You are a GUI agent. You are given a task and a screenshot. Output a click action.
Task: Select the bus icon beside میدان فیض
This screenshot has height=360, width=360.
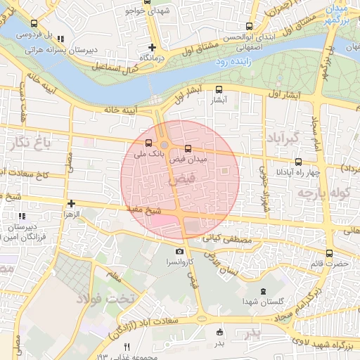coord(187,149)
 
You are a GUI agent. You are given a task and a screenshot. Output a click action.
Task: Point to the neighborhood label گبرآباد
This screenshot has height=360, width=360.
coord(284,136)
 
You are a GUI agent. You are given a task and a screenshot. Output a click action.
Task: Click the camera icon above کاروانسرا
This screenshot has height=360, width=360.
coord(179,251)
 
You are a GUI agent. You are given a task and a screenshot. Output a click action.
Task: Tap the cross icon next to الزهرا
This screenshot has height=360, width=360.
coord(70,203)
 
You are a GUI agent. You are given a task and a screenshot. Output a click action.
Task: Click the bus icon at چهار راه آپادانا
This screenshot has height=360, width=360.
coord(299,162)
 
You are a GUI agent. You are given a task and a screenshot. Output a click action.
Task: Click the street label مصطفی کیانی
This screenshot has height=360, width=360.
coord(226,240)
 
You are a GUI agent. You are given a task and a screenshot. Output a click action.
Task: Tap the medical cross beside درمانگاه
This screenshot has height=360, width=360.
coord(152,47)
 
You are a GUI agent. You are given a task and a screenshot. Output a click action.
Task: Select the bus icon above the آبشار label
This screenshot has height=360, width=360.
coord(219,89)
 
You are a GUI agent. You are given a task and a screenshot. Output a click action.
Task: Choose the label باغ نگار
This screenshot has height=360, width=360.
coord(28,144)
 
